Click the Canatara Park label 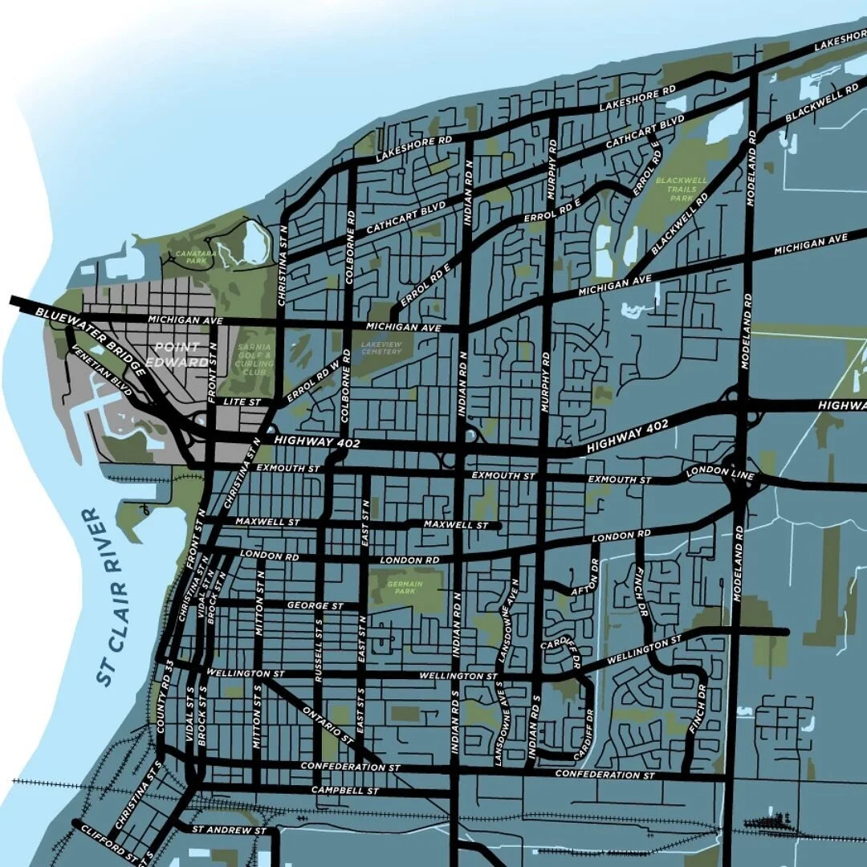pos(189,257)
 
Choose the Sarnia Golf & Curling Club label pos(255,363)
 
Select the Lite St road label pos(243,401)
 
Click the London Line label pos(720,474)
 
